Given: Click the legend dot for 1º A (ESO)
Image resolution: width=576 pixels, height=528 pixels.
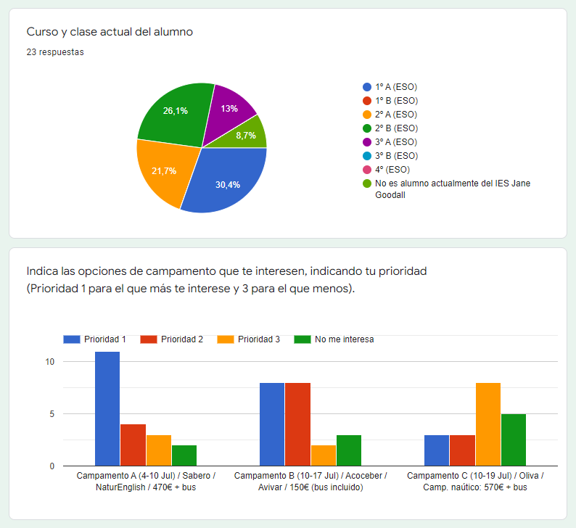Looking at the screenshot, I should pyautogui.click(x=367, y=87).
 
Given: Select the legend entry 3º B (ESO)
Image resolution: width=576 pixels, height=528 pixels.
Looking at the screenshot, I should pyautogui.click(x=395, y=155).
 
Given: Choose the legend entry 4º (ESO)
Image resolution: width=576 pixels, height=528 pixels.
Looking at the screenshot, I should pyautogui.click(x=392, y=169).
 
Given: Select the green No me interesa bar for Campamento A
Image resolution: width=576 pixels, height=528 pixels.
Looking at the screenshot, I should pyautogui.click(x=184, y=455).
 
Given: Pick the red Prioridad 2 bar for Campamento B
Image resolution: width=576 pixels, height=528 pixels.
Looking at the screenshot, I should pyautogui.click(x=297, y=424).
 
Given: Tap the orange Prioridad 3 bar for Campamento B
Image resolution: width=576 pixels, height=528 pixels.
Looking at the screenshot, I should pyautogui.click(x=323, y=455).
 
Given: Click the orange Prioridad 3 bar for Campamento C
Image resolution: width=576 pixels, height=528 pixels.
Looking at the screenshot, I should pyautogui.click(x=487, y=424).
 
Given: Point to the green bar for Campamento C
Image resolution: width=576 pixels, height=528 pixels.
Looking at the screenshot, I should pyautogui.click(x=513, y=440).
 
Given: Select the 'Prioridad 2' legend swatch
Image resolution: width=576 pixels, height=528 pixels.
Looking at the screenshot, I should pyautogui.click(x=149, y=339).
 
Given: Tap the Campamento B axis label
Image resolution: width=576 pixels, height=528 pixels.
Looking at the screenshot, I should pyautogui.click(x=310, y=481).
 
